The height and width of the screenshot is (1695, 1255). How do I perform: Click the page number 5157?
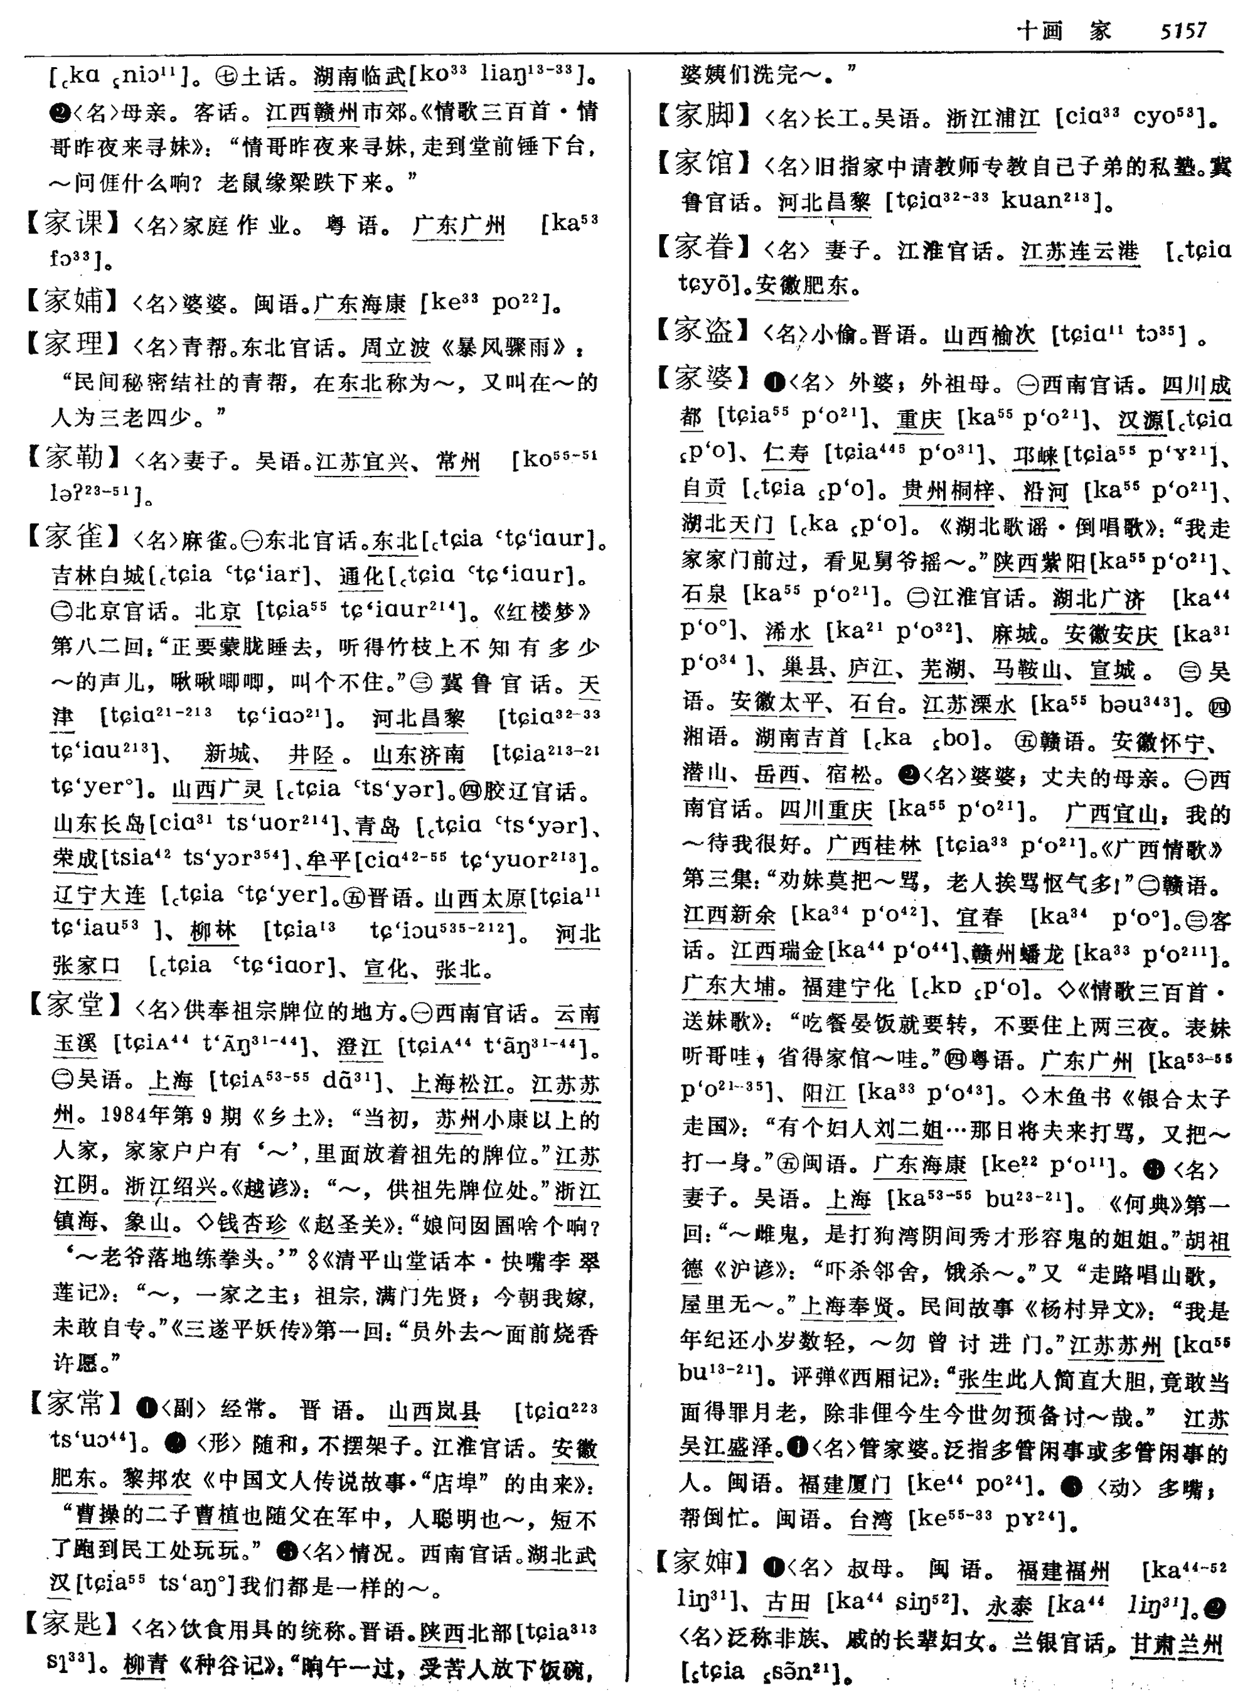1183,30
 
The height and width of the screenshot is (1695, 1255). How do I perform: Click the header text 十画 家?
1064,30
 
